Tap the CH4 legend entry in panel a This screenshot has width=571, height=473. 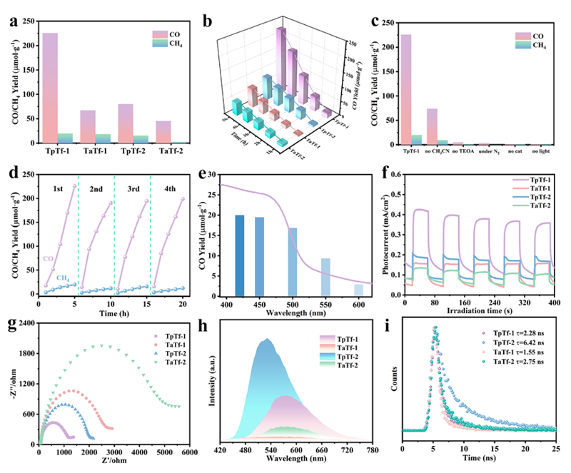point(171,44)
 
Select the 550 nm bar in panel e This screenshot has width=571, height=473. point(325,278)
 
